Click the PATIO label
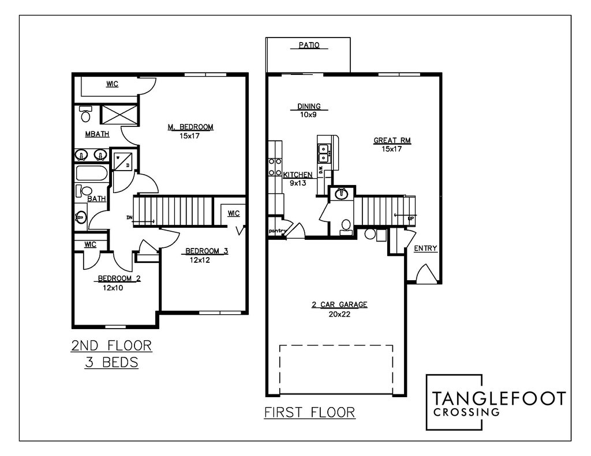point(309,45)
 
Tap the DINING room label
point(309,107)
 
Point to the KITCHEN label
point(298,175)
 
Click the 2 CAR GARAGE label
point(339,306)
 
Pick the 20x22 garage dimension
point(339,315)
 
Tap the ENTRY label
point(425,248)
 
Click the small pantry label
point(278,231)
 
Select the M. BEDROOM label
point(190,127)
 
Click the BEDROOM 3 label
point(206,251)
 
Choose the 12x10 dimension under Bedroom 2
point(113,288)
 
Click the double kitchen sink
point(324,152)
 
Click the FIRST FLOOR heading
point(309,413)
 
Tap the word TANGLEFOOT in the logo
point(499,398)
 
